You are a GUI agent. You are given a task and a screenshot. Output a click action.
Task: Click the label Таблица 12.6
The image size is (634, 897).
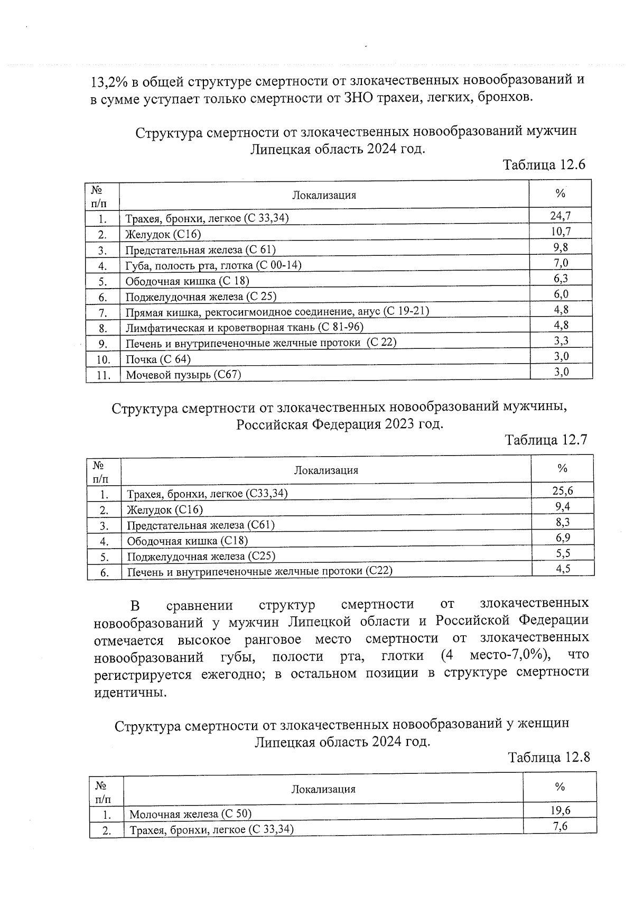544,164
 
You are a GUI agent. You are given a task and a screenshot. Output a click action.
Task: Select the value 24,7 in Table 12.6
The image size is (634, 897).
561,215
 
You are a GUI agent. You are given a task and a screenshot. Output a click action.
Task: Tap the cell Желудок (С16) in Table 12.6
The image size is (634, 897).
163,234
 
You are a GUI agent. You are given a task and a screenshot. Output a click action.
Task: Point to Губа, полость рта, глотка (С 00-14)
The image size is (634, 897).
213,265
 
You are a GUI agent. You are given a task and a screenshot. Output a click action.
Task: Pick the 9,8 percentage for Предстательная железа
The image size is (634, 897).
561,247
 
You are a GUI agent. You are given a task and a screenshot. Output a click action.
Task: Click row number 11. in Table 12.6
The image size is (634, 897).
103,375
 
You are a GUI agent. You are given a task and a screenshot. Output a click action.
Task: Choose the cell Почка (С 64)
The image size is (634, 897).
158,359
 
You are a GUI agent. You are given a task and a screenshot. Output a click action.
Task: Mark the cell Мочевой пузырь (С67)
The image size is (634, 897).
183,375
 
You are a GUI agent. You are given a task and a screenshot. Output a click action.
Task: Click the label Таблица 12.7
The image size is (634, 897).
546,440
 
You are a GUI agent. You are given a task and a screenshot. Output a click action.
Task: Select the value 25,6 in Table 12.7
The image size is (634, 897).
563,491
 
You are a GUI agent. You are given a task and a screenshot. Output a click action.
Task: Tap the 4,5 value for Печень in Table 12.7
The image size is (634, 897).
563,569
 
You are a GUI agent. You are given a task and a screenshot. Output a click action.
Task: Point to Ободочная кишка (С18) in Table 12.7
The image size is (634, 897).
188,541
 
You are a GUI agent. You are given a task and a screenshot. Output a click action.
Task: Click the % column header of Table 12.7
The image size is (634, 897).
562,468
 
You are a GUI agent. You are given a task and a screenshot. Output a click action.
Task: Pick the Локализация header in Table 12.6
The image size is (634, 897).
324,195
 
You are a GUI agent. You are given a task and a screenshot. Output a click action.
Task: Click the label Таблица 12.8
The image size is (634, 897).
548,757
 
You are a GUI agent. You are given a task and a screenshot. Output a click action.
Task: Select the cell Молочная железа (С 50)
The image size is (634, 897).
191,814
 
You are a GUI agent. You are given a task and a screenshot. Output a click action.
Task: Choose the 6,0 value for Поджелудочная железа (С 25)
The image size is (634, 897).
561,294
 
